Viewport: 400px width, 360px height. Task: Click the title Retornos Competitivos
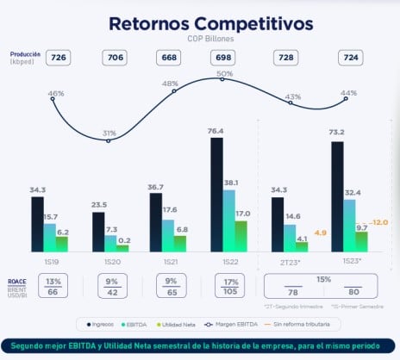point(199,23)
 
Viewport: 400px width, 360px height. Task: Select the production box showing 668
point(168,58)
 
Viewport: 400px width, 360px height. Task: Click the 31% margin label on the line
point(109,133)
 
